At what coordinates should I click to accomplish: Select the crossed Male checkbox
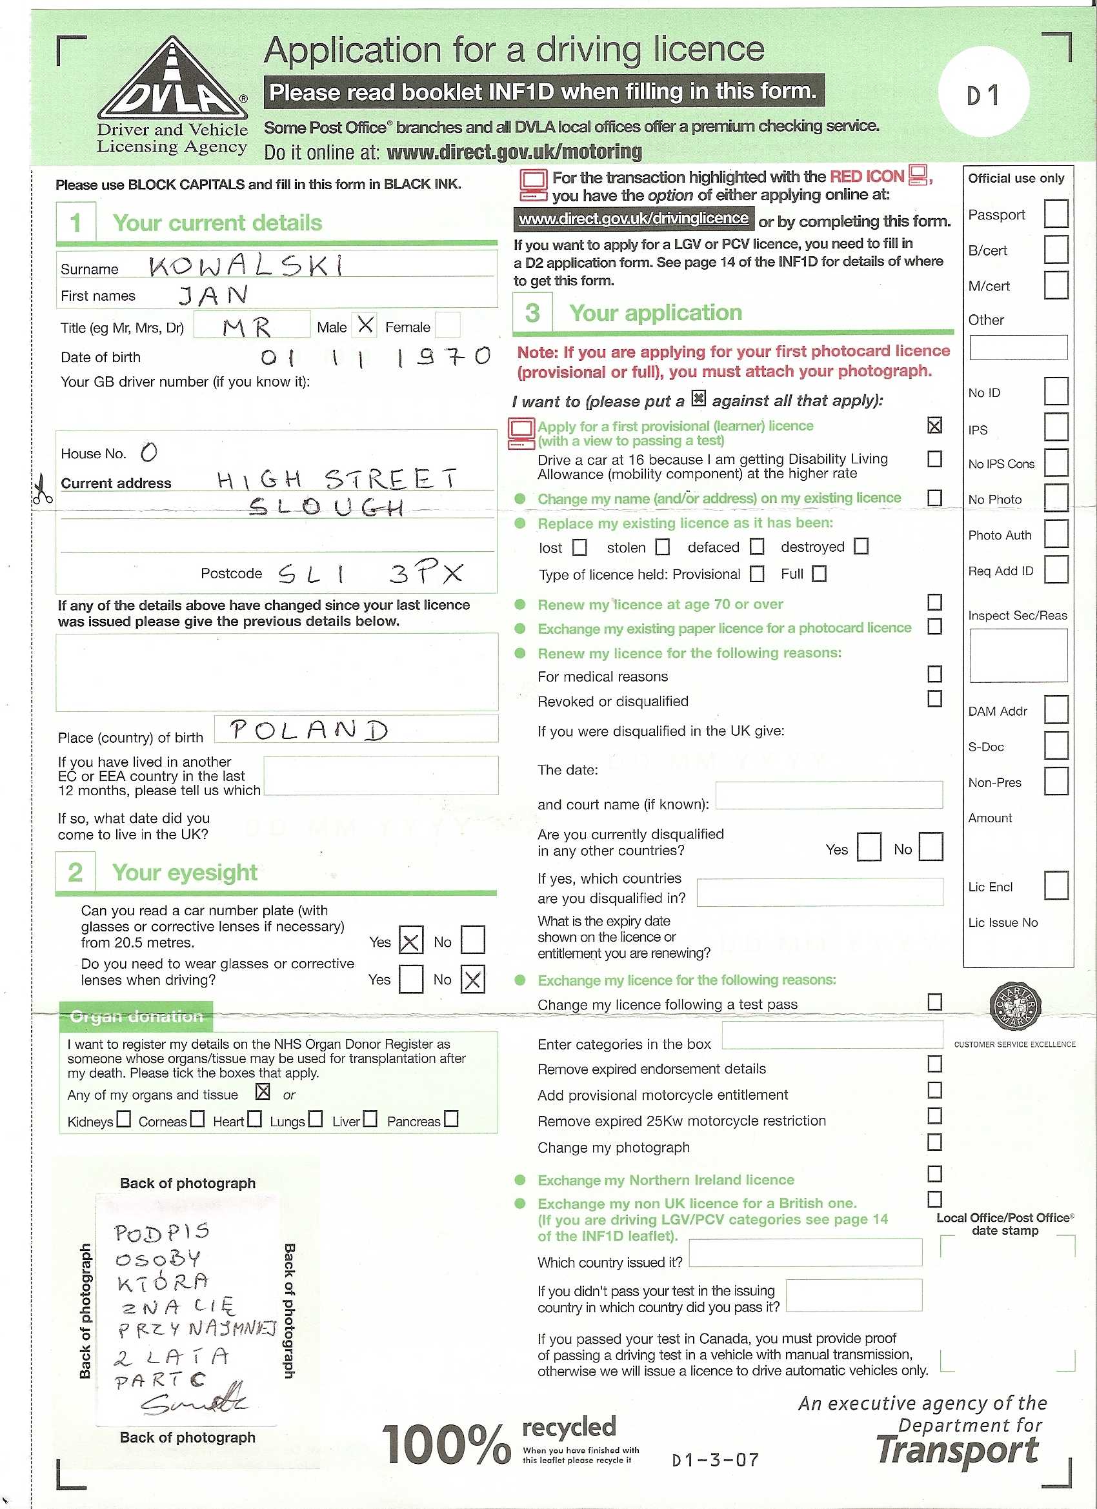point(365,325)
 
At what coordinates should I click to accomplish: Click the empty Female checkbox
point(447,325)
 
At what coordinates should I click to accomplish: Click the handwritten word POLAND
point(308,730)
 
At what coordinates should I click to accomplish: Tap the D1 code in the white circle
point(983,96)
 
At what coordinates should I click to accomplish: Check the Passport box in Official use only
point(1055,214)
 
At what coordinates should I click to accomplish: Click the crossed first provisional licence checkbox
point(934,425)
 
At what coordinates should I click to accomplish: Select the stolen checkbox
point(662,547)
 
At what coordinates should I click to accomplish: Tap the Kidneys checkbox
point(124,1119)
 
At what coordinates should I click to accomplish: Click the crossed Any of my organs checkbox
point(263,1092)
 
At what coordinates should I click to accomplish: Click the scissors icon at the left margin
point(42,489)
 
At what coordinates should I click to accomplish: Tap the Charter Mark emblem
point(1014,1006)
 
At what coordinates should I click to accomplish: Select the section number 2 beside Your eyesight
point(75,872)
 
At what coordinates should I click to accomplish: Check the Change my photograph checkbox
point(934,1142)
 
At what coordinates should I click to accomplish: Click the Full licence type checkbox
point(819,574)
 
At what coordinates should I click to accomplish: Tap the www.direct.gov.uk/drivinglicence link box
point(633,218)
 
